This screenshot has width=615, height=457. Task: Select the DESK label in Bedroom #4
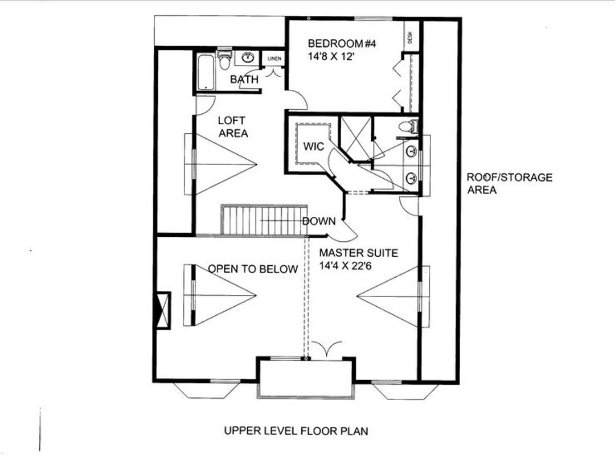click(x=410, y=37)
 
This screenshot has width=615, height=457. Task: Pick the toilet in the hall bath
click(x=224, y=58)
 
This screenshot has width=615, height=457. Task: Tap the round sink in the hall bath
click(x=248, y=57)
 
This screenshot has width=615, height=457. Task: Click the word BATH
click(x=244, y=80)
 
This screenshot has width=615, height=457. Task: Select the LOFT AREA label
click(x=232, y=127)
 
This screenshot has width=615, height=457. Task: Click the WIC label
click(x=313, y=146)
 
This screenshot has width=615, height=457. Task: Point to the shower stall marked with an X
click(x=355, y=137)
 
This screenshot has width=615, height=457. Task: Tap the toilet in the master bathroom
click(x=408, y=127)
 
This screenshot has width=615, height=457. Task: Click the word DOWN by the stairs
click(x=319, y=221)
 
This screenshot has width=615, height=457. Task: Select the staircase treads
click(x=263, y=220)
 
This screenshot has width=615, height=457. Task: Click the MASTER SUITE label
click(x=358, y=253)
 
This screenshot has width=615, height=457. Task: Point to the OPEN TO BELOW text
click(x=252, y=269)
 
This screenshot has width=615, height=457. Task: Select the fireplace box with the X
click(x=163, y=310)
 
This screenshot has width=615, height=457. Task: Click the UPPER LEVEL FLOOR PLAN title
click(x=296, y=430)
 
